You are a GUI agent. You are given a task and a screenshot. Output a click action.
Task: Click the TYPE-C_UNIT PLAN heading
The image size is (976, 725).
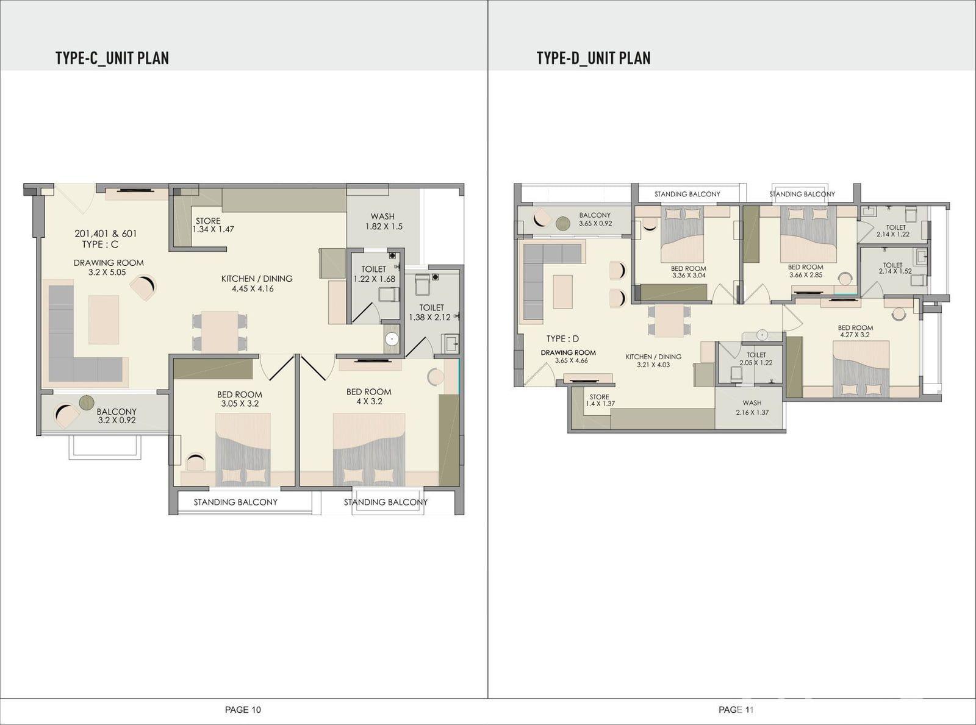click(112, 58)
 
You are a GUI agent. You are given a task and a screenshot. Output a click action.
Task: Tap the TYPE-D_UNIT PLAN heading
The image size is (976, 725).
click(594, 58)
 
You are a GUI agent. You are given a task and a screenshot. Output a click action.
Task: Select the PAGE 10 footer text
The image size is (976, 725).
click(243, 709)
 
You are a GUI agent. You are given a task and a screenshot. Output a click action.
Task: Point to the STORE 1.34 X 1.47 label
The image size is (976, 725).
click(213, 225)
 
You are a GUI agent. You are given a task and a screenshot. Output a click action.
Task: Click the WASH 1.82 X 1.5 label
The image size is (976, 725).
click(384, 221)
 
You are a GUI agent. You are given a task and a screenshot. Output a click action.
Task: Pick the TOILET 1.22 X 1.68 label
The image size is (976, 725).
click(375, 274)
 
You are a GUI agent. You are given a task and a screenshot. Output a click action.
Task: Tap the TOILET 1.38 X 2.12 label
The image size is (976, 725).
click(431, 312)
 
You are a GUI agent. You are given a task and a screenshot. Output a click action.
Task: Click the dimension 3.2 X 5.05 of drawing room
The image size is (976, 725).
click(107, 273)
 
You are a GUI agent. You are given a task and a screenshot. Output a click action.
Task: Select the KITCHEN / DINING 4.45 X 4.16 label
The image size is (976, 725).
click(257, 284)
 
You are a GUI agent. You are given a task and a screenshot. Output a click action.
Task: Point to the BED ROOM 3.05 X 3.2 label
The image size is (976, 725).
click(239, 399)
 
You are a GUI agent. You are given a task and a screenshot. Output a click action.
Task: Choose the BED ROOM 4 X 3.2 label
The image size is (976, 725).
click(369, 396)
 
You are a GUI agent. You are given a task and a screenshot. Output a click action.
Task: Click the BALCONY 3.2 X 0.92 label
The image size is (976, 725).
click(117, 416)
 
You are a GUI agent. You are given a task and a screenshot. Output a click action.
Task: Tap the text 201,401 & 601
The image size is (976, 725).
click(106, 234)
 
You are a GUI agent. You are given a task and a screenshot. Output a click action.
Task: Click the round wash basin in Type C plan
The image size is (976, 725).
click(392, 339)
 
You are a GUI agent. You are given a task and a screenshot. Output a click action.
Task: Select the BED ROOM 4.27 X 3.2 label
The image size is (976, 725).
click(855, 331)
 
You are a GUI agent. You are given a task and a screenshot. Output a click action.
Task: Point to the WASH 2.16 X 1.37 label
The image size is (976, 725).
click(752, 407)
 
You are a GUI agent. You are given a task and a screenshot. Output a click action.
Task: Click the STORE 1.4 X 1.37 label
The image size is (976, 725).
click(600, 400)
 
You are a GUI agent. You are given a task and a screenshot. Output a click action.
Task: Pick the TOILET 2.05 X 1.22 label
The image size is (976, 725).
click(756, 359)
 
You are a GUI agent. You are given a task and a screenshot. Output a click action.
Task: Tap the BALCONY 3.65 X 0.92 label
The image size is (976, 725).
click(595, 219)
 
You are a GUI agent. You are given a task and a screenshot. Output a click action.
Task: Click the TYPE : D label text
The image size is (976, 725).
click(562, 339)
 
